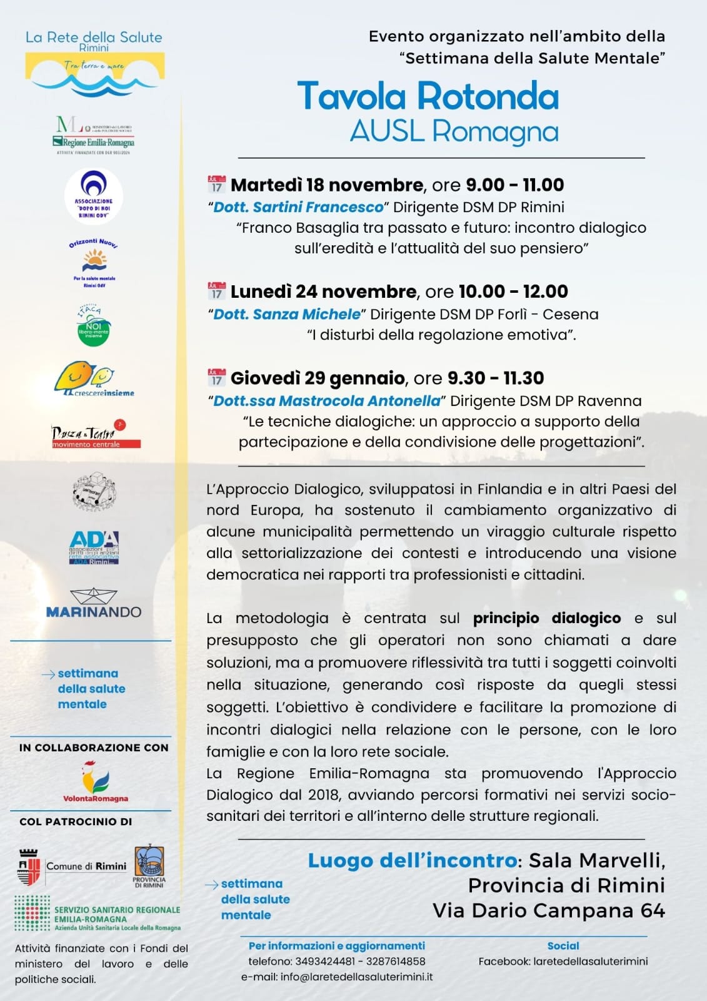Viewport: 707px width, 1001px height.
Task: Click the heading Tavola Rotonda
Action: click(x=428, y=96)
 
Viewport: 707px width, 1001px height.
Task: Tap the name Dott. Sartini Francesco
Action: click(x=298, y=207)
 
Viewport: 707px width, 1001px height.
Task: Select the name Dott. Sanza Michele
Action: click(x=287, y=314)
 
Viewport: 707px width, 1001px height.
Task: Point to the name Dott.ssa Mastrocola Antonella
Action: click(x=327, y=400)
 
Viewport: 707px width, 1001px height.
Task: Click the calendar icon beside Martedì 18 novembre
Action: click(x=216, y=185)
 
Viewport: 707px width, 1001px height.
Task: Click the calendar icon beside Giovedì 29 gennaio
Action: click(x=216, y=377)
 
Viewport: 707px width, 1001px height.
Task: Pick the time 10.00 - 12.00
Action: click(x=513, y=292)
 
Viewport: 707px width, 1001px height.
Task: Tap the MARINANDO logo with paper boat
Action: click(x=94, y=604)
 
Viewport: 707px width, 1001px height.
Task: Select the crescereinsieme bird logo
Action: click(x=94, y=379)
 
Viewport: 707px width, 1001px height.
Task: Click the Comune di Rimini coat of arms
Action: click(x=29, y=866)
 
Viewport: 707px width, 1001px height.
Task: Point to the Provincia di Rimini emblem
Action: click(x=149, y=863)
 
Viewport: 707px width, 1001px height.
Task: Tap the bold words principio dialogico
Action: click(x=546, y=618)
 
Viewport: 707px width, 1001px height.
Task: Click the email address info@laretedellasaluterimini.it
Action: click(x=356, y=977)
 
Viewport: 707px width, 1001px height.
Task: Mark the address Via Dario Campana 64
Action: click(x=548, y=910)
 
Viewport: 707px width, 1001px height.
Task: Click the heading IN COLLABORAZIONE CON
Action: click(x=94, y=747)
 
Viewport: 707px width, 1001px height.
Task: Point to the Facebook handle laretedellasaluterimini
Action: click(x=590, y=962)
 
